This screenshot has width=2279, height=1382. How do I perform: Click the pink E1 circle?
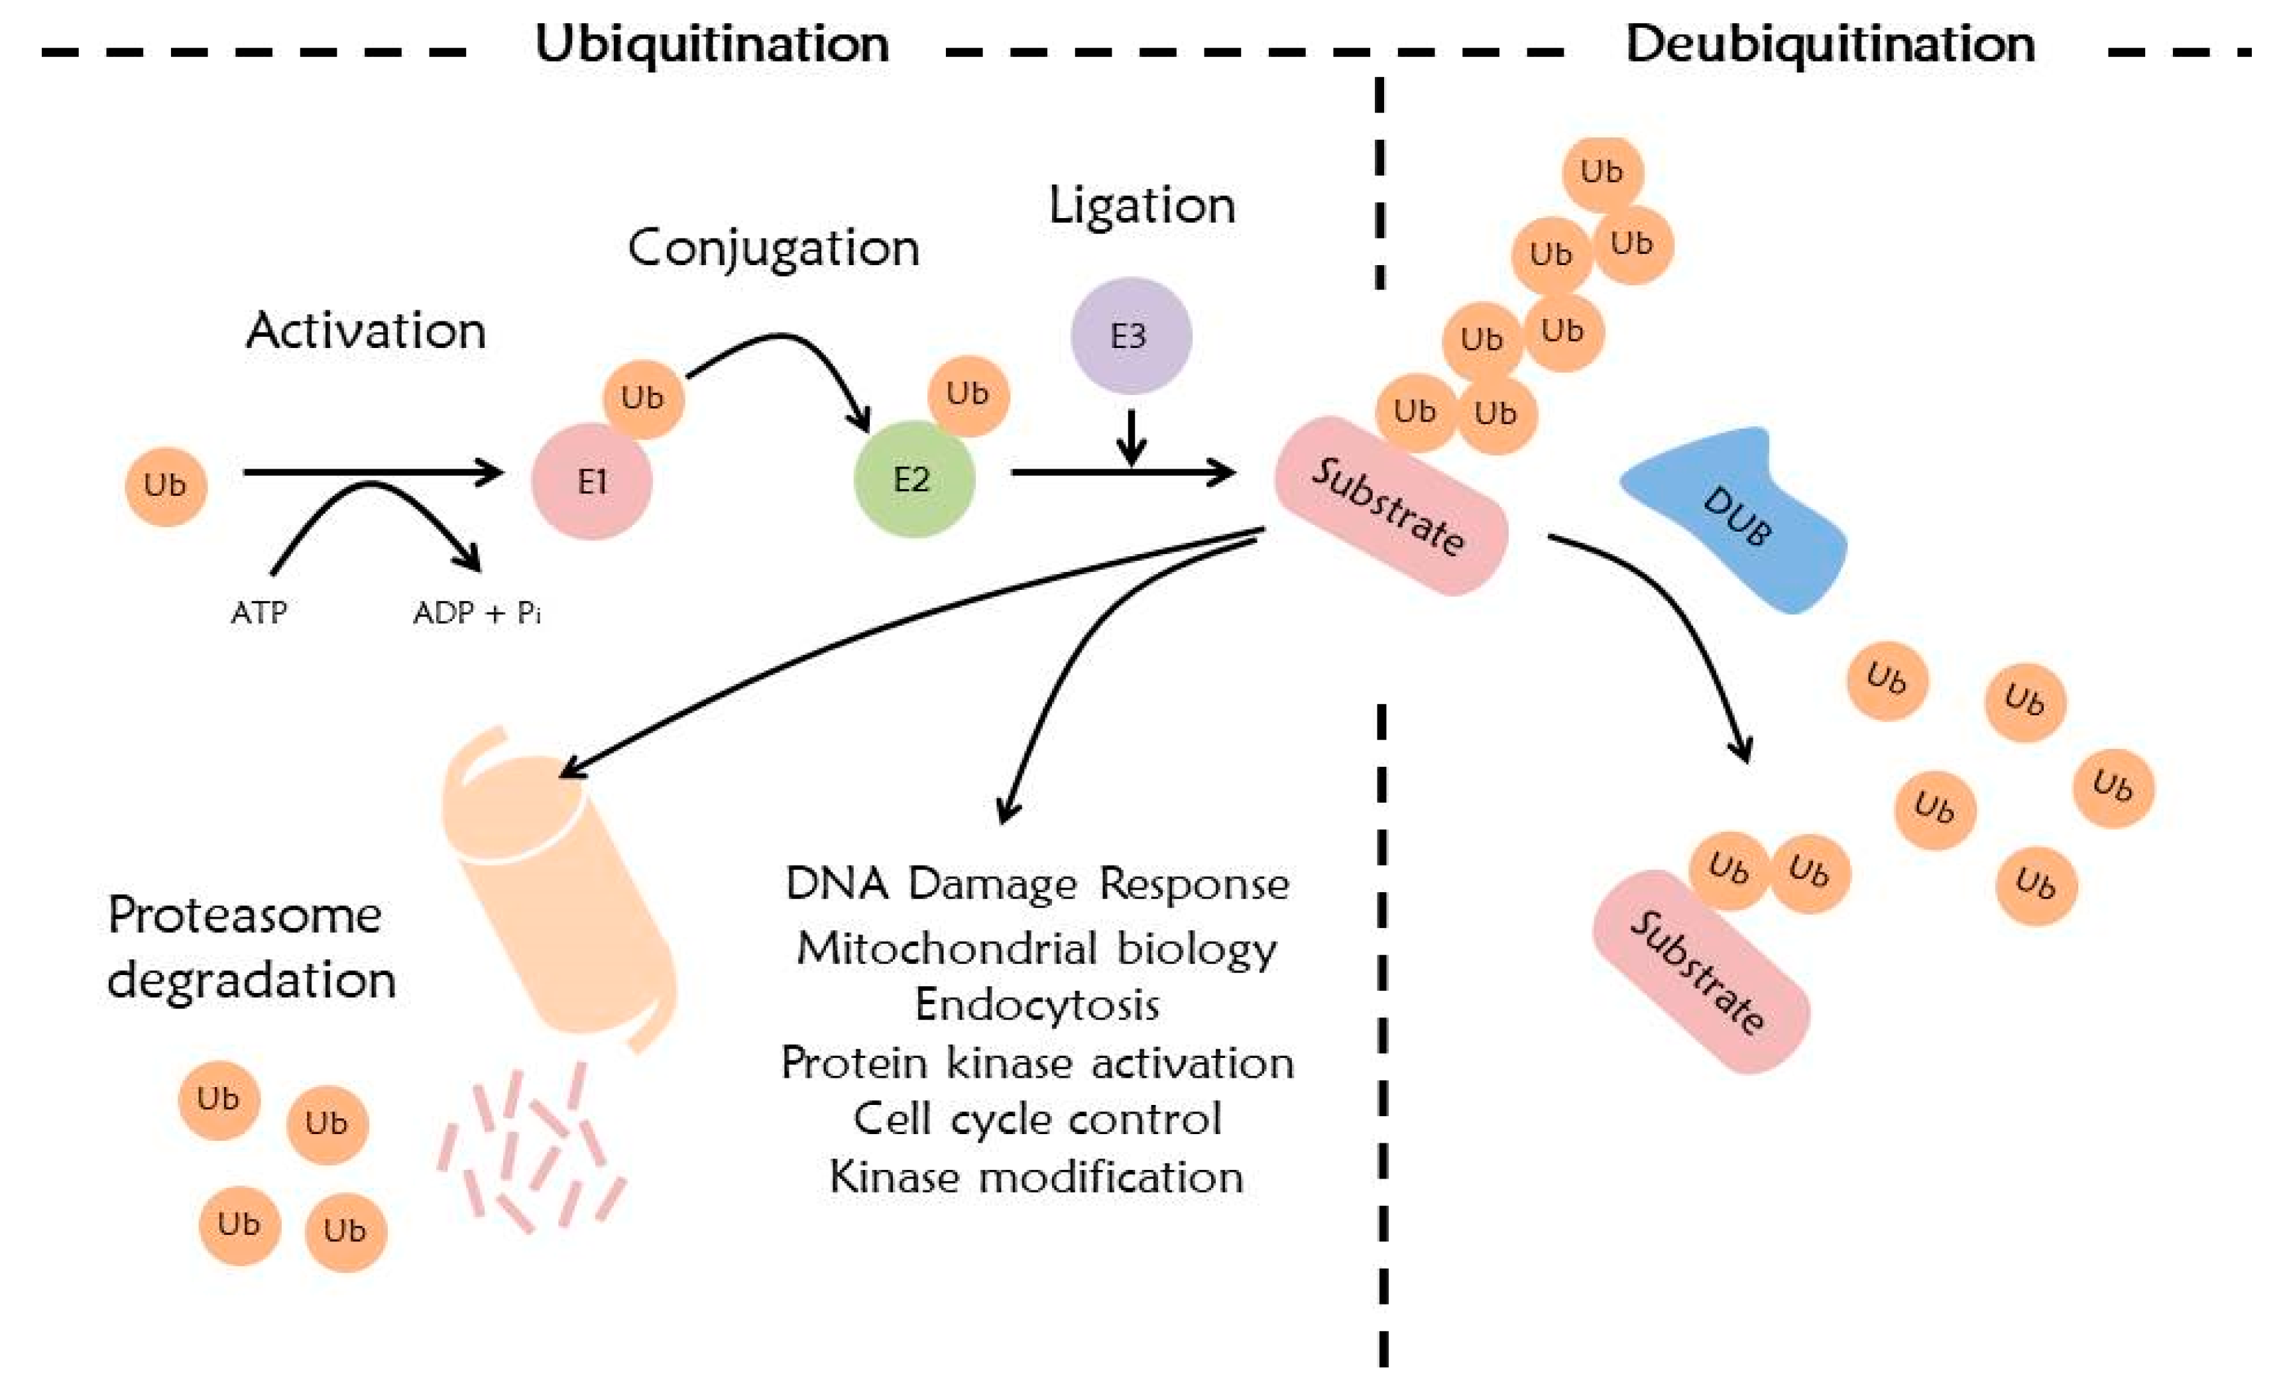coord(592,481)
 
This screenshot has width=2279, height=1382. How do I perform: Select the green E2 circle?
coord(913,479)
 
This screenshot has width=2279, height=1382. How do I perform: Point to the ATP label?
coord(259,612)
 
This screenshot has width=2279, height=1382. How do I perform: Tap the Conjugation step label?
coord(773,248)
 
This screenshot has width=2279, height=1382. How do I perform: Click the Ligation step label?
coord(1141,205)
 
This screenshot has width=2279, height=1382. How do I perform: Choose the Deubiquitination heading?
coord(1830,44)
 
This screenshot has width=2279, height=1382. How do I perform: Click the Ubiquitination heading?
coord(712,44)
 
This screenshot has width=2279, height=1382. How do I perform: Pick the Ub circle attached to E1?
coord(643,398)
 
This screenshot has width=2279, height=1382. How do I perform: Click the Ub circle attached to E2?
coord(967,394)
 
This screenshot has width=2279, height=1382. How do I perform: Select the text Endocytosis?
coord(1037,1006)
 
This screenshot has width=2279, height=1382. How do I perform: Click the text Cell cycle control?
coord(1037,1120)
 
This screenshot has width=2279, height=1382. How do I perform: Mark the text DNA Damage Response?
coord(1037,884)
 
